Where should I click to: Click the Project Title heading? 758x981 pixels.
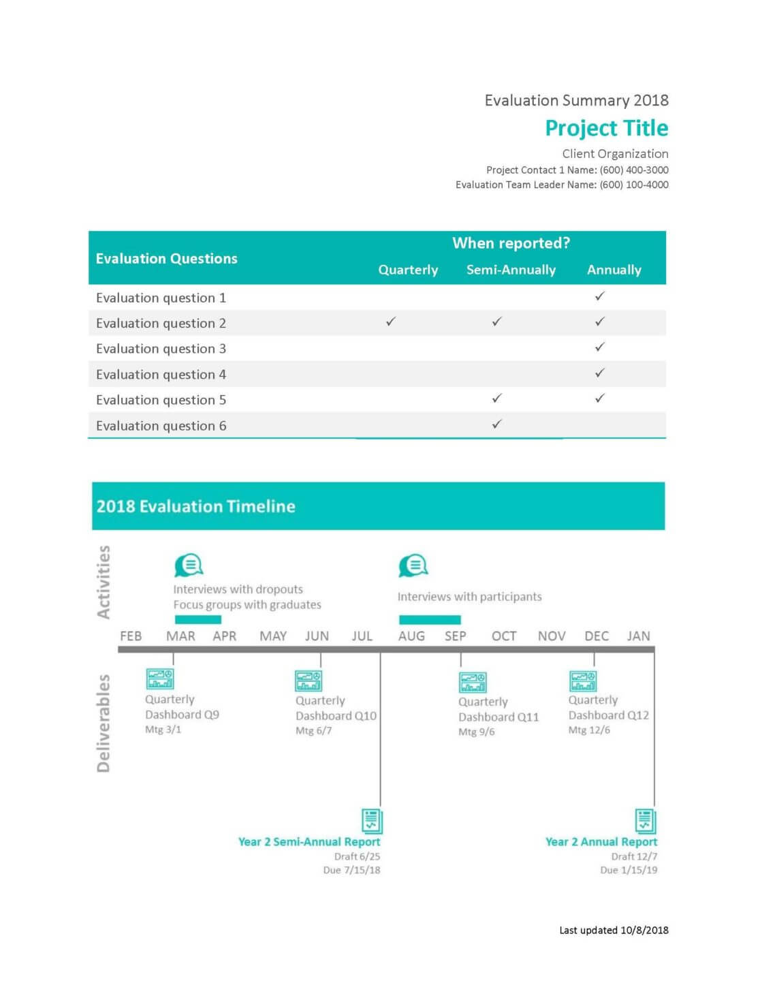[606, 128]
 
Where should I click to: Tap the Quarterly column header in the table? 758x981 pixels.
[408, 270]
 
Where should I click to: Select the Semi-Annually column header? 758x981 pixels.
[511, 270]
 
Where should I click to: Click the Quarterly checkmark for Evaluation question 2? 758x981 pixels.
[391, 322]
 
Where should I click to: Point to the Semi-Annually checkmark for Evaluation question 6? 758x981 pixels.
[497, 424]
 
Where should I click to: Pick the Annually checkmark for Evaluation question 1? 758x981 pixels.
[600, 296]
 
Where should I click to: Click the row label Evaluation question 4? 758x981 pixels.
[161, 375]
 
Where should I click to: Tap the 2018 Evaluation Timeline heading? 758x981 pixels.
[195, 506]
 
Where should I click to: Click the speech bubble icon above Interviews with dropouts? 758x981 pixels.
[189, 565]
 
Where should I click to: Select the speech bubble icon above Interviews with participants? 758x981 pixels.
[413, 565]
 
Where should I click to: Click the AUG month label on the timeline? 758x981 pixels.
[411, 636]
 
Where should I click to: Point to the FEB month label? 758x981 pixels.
[131, 636]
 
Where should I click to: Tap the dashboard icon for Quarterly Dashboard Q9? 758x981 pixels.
[160, 679]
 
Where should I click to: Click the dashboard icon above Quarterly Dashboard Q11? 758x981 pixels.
[473, 682]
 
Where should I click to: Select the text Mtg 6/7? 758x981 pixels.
[313, 731]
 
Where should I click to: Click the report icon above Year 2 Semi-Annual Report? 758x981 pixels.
[372, 821]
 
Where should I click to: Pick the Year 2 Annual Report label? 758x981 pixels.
[601, 842]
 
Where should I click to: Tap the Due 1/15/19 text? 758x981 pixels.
[629, 870]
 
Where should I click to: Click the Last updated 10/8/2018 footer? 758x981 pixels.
[614, 930]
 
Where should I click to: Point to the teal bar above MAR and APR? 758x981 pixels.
[198, 620]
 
